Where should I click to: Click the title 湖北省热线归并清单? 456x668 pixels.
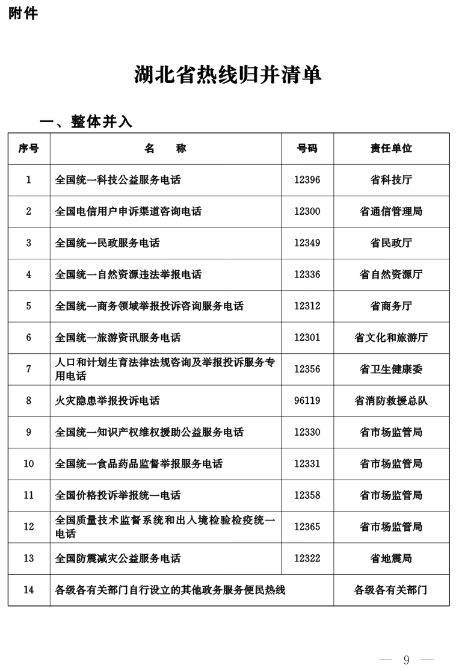(x=227, y=75)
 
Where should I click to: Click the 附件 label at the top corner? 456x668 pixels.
(x=23, y=13)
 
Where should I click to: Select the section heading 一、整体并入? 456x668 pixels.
(x=86, y=122)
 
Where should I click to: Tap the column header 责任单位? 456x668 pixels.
(x=391, y=148)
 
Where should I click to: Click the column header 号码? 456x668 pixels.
(x=307, y=148)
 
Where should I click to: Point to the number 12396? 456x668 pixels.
(x=307, y=180)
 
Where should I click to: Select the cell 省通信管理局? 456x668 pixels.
(x=391, y=211)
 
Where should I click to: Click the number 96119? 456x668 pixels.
(x=307, y=400)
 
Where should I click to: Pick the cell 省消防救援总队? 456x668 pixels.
(x=391, y=400)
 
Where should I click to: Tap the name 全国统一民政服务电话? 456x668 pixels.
(x=108, y=243)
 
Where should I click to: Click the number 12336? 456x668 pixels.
(x=307, y=274)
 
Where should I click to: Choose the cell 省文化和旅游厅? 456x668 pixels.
(x=391, y=338)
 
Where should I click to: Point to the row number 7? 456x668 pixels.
(x=28, y=369)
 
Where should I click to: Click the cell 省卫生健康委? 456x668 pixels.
(x=391, y=369)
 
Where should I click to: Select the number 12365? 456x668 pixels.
(x=307, y=527)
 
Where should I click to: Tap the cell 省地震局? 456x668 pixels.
(x=391, y=558)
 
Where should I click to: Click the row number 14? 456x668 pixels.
(x=28, y=590)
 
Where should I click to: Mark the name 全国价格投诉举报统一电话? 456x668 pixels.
(x=118, y=495)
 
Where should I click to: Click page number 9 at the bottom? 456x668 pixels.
(x=406, y=660)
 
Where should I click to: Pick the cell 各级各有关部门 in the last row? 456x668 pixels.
(x=391, y=590)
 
